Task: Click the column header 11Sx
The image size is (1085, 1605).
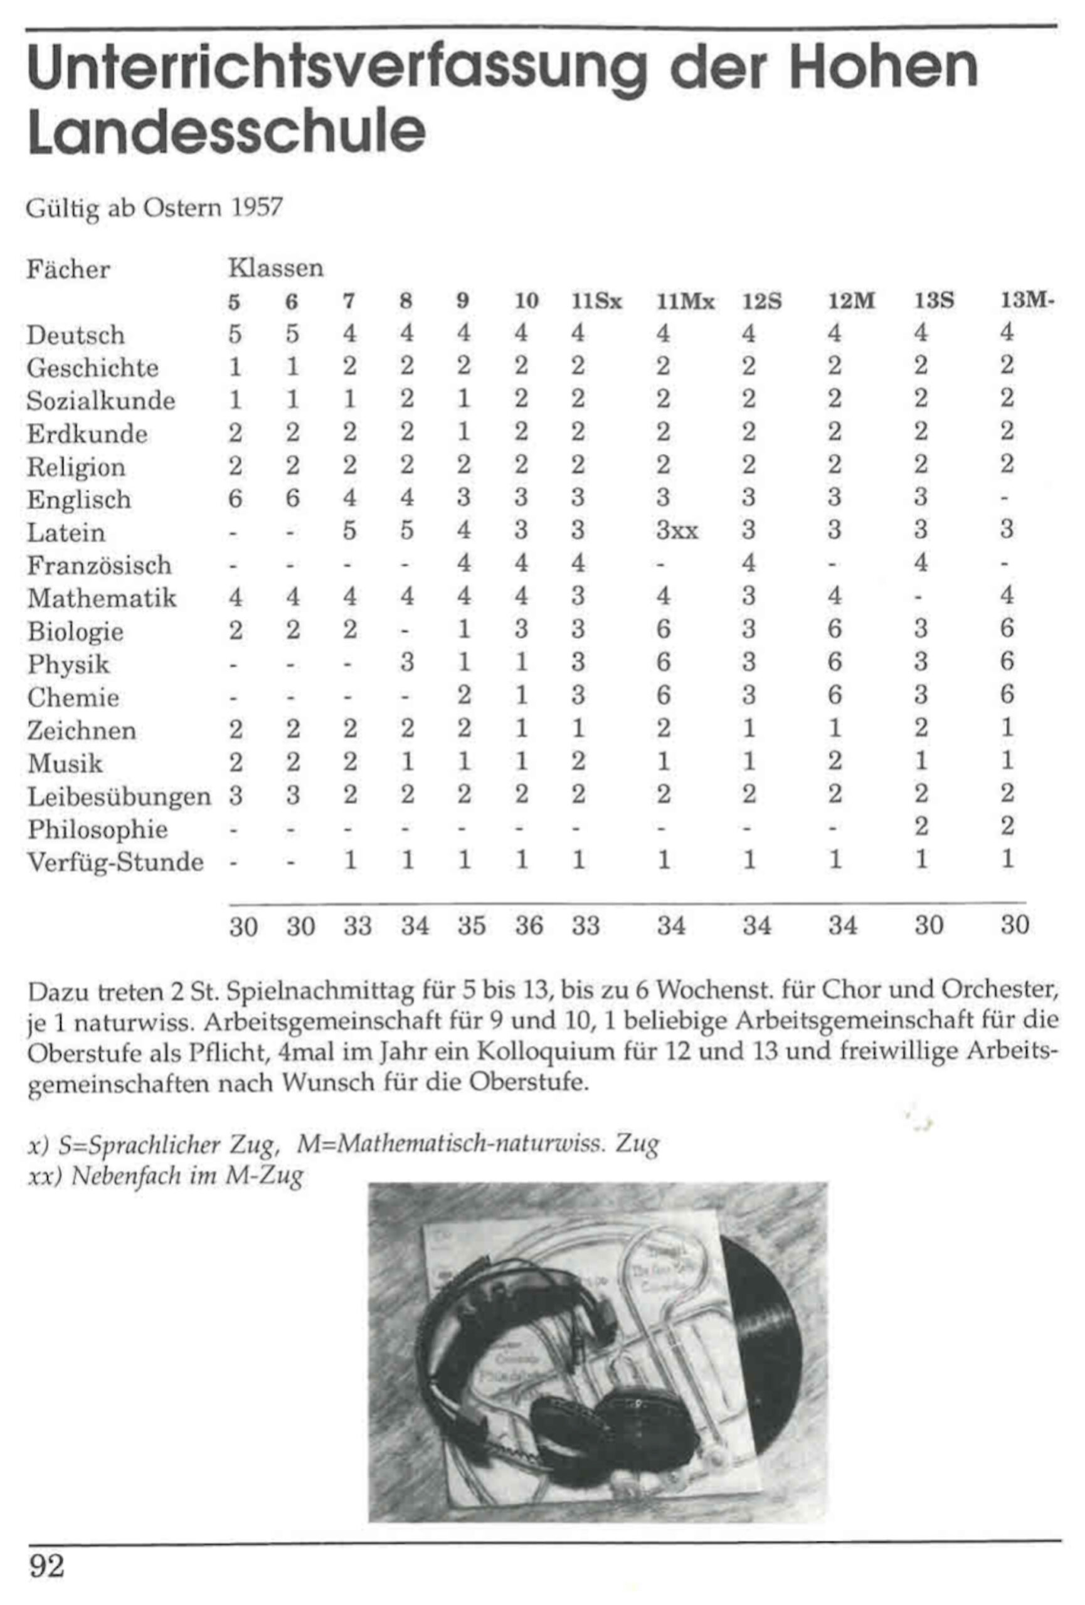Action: pyautogui.click(x=596, y=301)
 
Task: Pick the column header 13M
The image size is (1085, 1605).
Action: pyautogui.click(x=1025, y=301)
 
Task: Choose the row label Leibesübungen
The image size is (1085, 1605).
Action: pyautogui.click(x=119, y=797)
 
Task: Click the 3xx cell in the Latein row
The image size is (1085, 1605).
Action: pyautogui.click(x=677, y=530)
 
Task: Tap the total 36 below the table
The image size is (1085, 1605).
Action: pyautogui.click(x=529, y=925)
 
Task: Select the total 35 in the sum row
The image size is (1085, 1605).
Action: pyautogui.click(x=472, y=925)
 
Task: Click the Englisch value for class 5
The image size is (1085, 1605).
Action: pyautogui.click(x=236, y=498)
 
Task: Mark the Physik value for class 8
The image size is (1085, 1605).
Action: pyautogui.click(x=408, y=663)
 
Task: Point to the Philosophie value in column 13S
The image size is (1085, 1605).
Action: pyautogui.click(x=921, y=827)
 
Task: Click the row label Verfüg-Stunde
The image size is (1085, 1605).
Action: pyautogui.click(x=115, y=862)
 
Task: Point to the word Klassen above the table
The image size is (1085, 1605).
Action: pyautogui.click(x=275, y=267)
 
